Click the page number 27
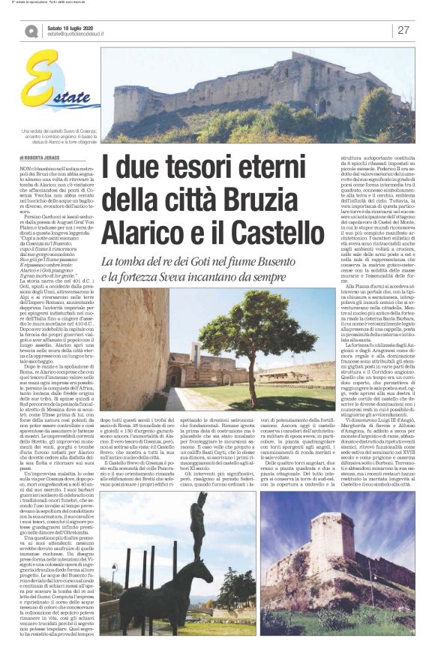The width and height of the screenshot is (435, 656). (x=403, y=30)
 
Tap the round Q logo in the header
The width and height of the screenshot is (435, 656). (x=31, y=31)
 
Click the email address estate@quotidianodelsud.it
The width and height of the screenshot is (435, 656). (x=81, y=35)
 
